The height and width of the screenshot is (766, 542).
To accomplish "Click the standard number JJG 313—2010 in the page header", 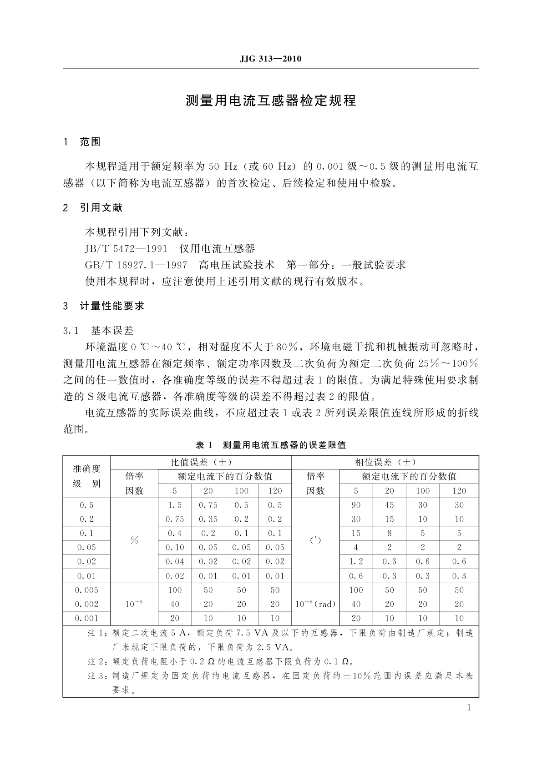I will tap(270, 59).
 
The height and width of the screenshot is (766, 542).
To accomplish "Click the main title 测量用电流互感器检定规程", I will tap(271, 101).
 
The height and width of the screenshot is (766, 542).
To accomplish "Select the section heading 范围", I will tap(90, 142).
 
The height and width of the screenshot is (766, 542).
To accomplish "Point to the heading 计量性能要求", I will tap(112, 306).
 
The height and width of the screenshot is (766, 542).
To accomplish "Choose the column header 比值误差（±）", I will tap(201, 462).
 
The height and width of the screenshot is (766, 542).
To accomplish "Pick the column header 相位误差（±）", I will tap(385, 462).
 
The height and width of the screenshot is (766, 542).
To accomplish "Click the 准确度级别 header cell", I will tap(86, 476).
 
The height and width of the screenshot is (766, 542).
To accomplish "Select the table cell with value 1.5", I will tap(175, 505).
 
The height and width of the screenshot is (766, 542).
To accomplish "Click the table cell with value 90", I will tap(356, 505).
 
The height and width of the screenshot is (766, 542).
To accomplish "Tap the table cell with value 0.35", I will tap(208, 519).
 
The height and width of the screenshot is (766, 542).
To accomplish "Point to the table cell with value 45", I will tap(390, 505).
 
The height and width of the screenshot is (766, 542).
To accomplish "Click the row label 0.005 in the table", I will tap(86, 590).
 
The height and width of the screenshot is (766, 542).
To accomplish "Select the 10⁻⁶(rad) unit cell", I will tap(315, 604).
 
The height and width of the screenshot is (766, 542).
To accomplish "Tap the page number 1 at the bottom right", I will tap(469, 707).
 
